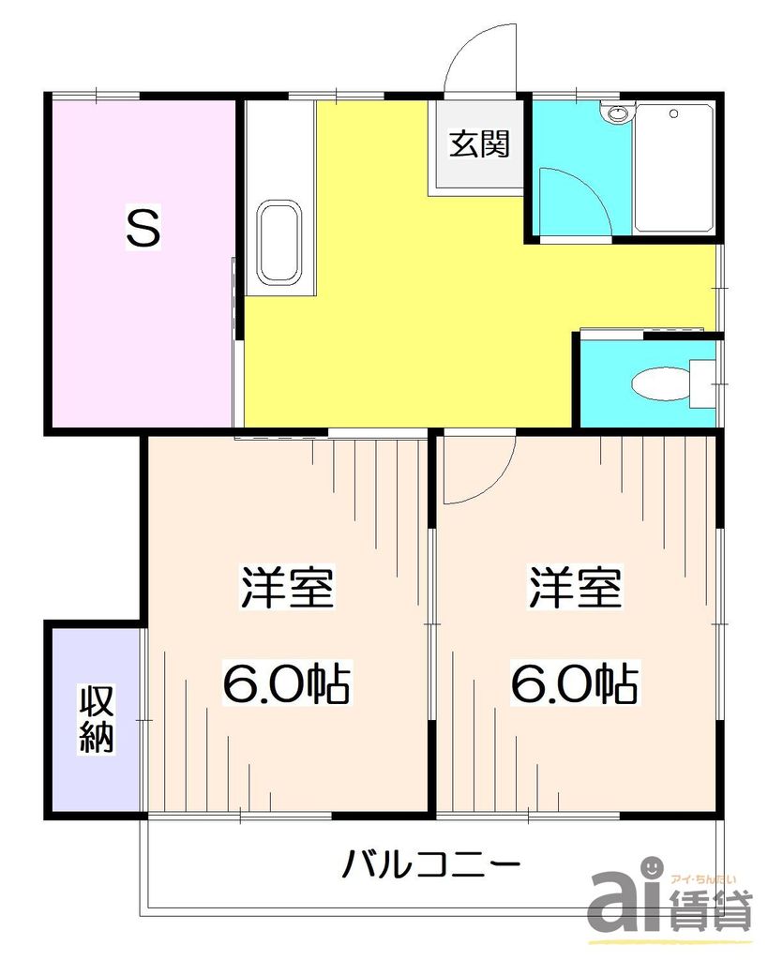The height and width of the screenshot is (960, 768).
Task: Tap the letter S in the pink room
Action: (143, 228)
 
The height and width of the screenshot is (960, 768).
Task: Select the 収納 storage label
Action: (96, 719)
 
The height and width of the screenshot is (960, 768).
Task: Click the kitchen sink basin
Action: (279, 241)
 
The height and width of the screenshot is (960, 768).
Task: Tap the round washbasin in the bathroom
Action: (616, 114)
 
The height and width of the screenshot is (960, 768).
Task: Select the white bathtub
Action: (673, 167)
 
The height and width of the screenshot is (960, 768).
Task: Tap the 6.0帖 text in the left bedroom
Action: (286, 684)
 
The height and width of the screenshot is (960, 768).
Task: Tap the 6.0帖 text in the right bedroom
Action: (574, 684)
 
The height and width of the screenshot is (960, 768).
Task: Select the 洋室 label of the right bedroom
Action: (575, 589)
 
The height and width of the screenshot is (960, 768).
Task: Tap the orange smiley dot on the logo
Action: (654, 867)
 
